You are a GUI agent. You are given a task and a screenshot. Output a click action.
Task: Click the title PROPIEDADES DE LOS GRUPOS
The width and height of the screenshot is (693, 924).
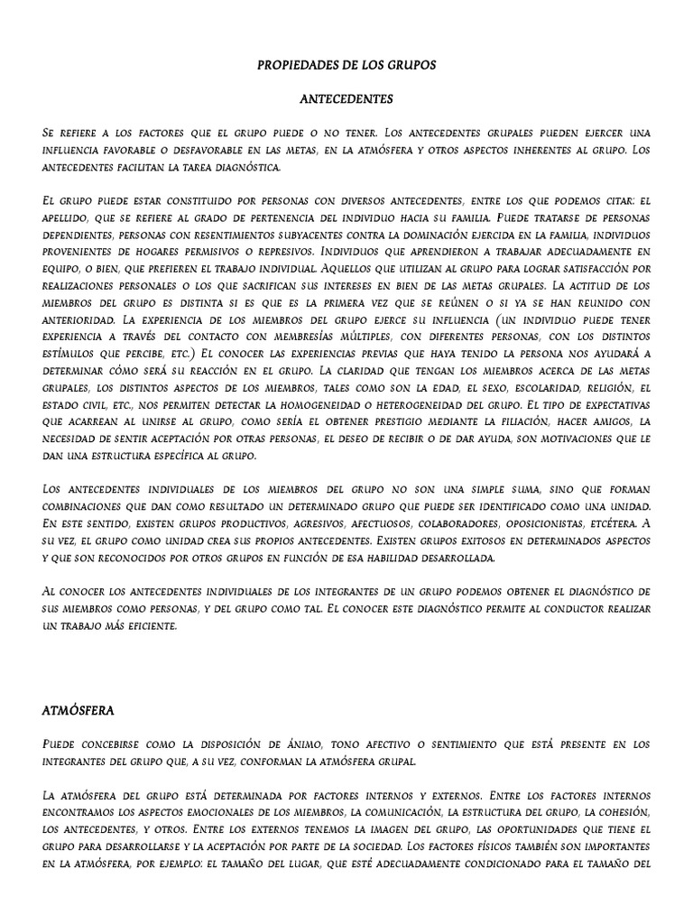pos(346,66)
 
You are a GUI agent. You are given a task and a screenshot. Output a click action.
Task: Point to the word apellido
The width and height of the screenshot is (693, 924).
pos(69,218)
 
